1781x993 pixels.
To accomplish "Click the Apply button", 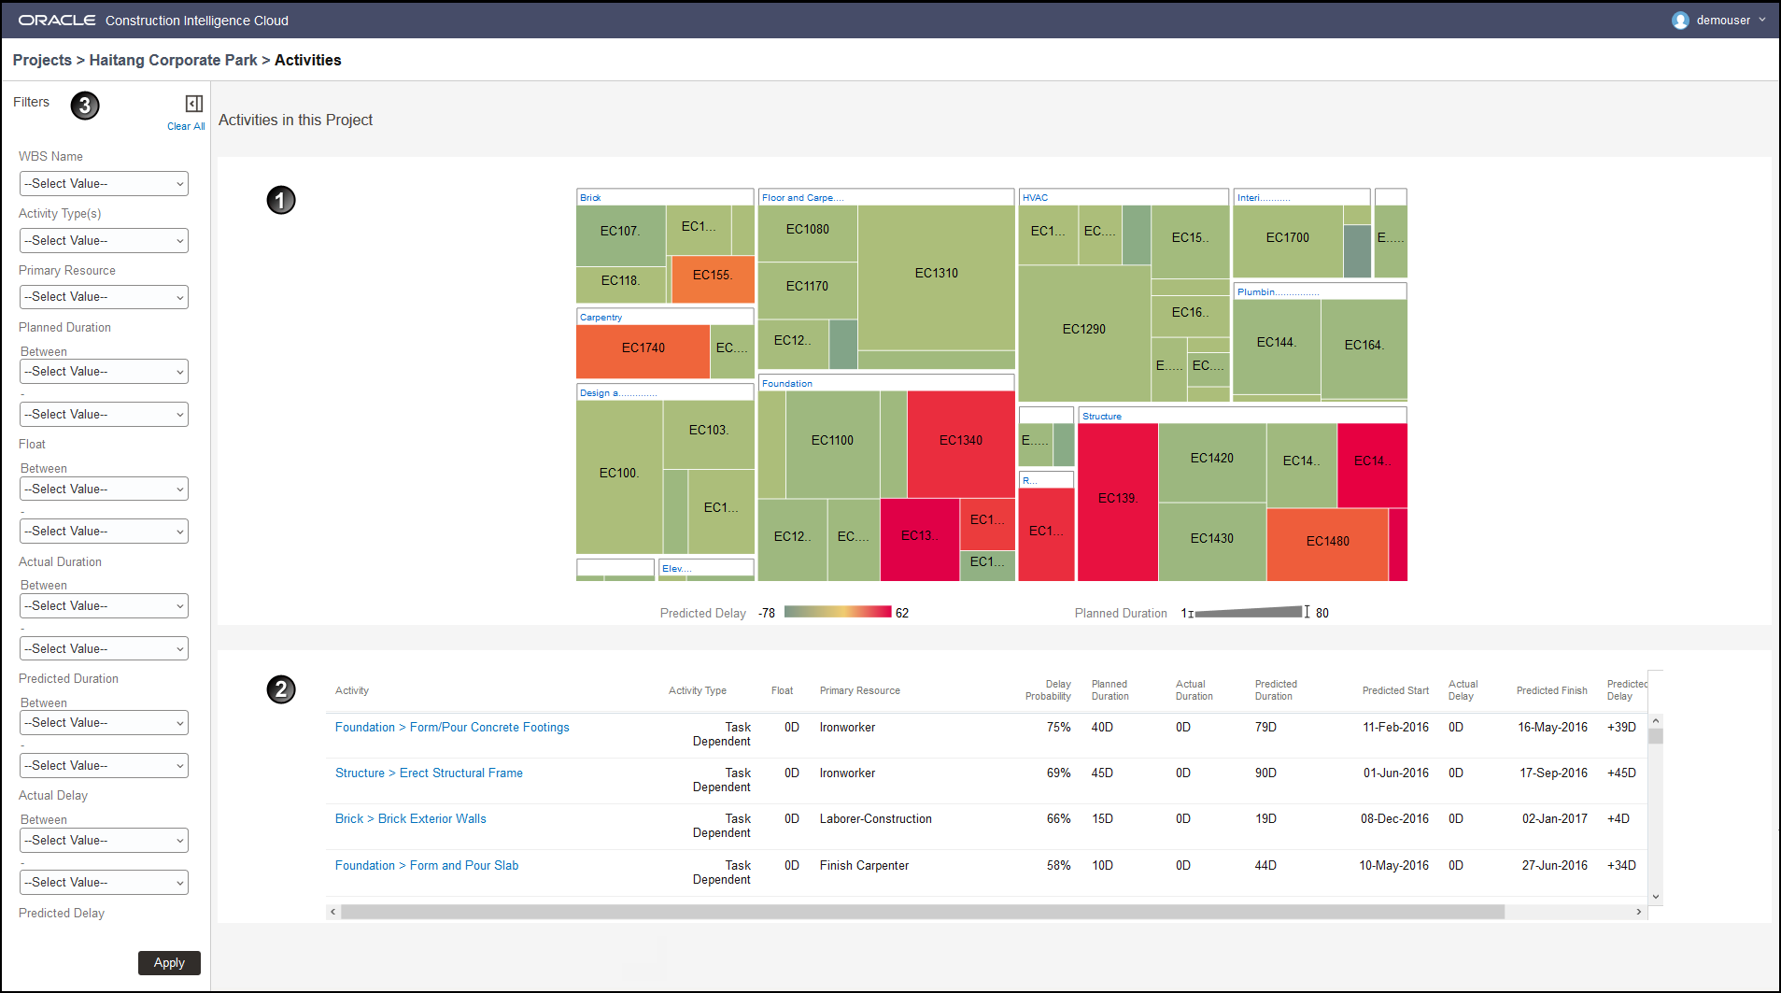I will [169, 962].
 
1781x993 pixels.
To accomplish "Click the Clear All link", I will [186, 126].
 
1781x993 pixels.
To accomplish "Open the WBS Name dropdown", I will [104, 184].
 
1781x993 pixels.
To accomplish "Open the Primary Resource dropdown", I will [104, 297].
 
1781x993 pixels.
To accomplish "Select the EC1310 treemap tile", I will [936, 273].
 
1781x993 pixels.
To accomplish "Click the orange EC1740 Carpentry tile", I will [643, 348].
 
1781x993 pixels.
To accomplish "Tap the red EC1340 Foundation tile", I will [960, 440].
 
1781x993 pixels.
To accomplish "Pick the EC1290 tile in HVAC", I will [1083, 330].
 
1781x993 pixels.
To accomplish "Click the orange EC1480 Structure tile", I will [1327, 542].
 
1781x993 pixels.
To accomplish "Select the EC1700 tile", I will [1287, 238].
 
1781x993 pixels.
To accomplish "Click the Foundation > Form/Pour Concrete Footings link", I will [452, 728].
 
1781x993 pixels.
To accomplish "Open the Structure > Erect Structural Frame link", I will [429, 773].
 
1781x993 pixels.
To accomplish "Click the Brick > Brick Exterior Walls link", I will [411, 819].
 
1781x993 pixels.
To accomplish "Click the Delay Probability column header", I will [1048, 690].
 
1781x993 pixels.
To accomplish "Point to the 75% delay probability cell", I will [1058, 728].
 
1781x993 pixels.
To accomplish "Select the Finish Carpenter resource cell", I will [864, 866].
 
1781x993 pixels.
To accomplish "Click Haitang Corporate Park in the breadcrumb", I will [173, 60].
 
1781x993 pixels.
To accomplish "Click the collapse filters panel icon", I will [194, 104].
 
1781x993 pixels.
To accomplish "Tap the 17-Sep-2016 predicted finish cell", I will [1553, 773].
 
